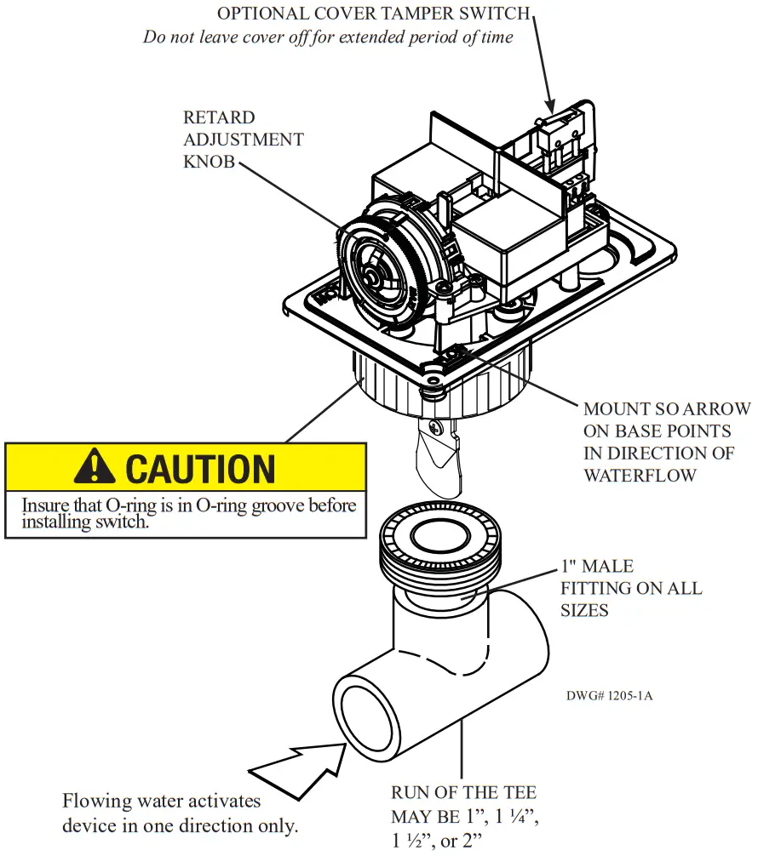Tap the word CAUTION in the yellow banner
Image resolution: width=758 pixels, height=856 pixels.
pyautogui.click(x=200, y=469)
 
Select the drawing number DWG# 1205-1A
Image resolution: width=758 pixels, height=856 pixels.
pyautogui.click(x=609, y=695)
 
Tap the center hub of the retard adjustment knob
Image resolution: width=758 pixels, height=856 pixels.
pyautogui.click(x=372, y=277)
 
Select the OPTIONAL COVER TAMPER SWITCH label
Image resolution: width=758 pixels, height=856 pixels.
pyautogui.click(x=373, y=14)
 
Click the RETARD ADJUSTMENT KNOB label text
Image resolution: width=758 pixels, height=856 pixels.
pyautogui.click(x=243, y=140)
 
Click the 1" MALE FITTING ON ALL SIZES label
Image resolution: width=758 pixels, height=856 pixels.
pyautogui.click(x=630, y=588)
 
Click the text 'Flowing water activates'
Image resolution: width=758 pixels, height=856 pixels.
pyautogui.click(x=161, y=801)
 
